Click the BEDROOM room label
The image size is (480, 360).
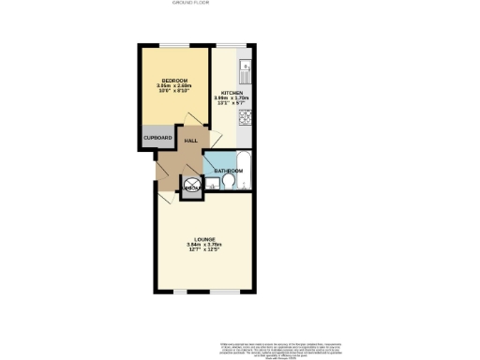point(174,80)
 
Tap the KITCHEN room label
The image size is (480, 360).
point(232,93)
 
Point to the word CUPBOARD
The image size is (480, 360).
point(156,136)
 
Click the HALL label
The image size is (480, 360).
point(190,140)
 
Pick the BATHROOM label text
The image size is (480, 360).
point(229,172)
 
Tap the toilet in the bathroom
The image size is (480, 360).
point(228,184)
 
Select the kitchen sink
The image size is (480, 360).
point(244,67)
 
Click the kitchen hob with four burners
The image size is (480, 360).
point(244,118)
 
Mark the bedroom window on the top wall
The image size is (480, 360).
point(173,45)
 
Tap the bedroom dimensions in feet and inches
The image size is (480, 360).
point(174,91)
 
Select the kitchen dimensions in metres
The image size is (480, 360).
point(232,98)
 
